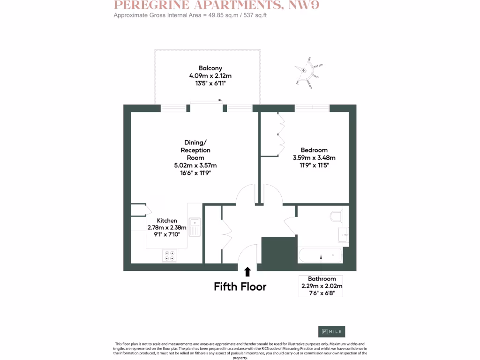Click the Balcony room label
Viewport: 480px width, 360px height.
[210, 68]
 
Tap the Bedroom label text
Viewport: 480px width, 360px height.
[314, 150]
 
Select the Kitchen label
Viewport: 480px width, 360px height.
[167, 220]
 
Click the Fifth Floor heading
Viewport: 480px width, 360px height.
[240, 286]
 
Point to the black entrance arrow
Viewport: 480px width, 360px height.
[247, 271]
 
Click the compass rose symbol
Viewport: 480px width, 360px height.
[304, 71]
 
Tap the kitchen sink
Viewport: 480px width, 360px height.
[195, 227]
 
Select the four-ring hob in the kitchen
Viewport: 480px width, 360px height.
[169, 255]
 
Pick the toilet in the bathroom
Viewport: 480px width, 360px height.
[337, 215]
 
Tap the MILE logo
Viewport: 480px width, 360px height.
[331, 331]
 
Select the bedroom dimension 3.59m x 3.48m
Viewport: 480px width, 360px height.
[314, 157]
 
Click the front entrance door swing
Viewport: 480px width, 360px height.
[247, 255]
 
